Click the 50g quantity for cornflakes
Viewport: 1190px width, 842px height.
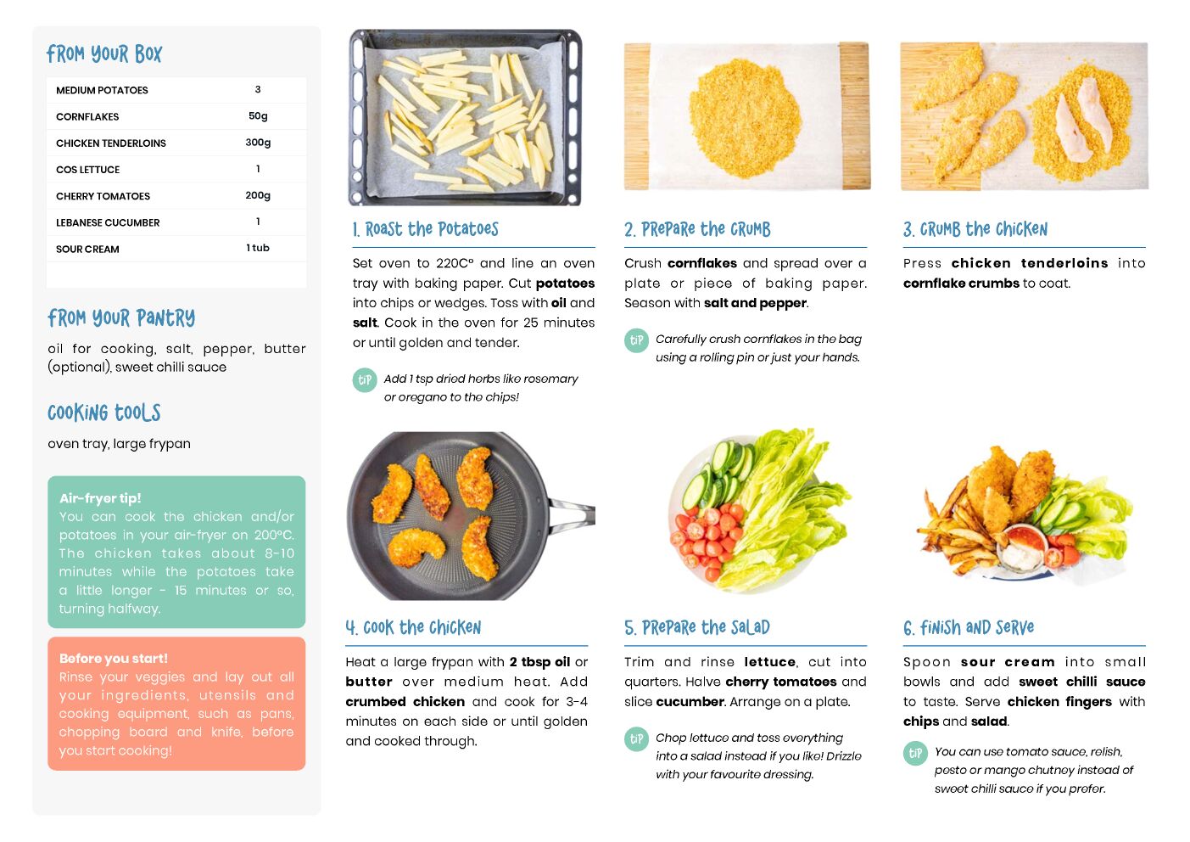tap(258, 116)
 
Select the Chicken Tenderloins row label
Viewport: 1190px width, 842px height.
tap(111, 143)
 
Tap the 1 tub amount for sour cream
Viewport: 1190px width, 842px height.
tap(258, 248)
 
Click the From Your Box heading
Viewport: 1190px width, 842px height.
tap(104, 53)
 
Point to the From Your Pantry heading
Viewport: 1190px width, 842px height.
tap(121, 318)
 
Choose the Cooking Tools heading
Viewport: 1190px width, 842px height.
tap(104, 413)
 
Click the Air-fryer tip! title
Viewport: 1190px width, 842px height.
tap(100, 498)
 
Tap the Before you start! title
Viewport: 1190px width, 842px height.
tap(113, 658)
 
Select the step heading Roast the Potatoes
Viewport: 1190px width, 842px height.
tap(426, 229)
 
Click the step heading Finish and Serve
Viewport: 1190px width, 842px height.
tap(969, 628)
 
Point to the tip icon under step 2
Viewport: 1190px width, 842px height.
tap(636, 340)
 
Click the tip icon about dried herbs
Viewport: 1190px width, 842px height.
tap(365, 380)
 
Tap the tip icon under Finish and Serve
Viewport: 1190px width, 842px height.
tap(915, 753)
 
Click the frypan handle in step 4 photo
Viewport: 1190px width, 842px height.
tap(573, 515)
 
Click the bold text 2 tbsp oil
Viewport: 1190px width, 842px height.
tap(539, 662)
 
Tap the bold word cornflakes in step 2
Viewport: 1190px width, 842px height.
tap(701, 263)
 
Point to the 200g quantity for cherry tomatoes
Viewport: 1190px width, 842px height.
tap(258, 195)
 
